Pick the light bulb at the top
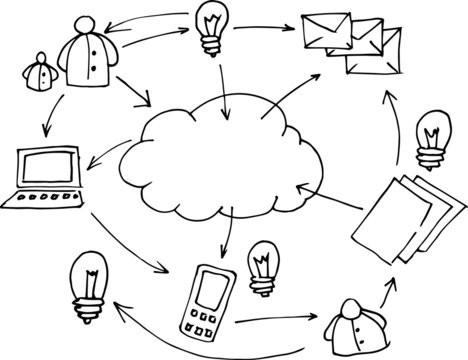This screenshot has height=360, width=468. coord(212,22)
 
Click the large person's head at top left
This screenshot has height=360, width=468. coord(81,21)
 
